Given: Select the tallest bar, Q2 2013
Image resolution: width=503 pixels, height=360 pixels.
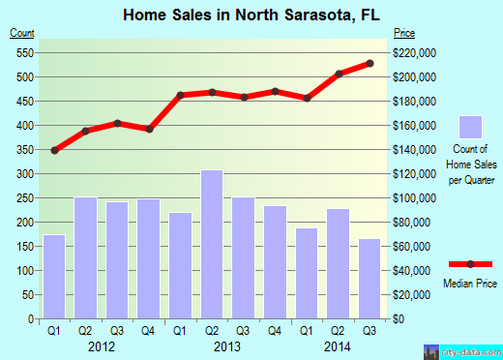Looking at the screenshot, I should coord(212,244).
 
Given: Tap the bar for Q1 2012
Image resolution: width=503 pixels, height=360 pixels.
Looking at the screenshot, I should coord(55,277).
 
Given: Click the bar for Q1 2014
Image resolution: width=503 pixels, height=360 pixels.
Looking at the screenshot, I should coord(307,273).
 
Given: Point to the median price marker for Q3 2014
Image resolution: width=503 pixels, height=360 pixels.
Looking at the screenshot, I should coord(370,64).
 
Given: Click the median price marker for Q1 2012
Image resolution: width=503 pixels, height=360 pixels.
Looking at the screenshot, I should coord(55,150).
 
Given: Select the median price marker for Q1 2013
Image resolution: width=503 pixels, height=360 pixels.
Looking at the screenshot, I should coord(181,95).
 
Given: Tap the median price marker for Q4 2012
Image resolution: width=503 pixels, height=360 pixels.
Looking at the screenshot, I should coord(149,129).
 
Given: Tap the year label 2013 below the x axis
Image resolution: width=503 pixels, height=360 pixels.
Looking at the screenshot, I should coord(212,345).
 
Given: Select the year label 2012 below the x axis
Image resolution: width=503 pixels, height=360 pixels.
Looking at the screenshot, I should coord(102,345).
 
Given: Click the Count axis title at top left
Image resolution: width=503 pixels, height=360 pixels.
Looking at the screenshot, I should coord(22,34).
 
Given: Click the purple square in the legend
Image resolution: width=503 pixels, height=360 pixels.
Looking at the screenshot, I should coord(470,127).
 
